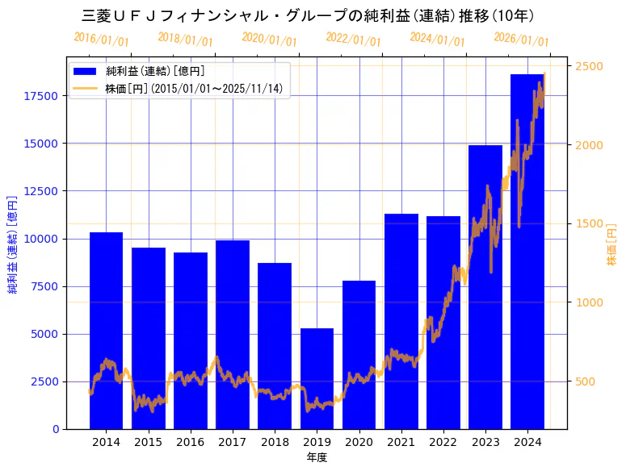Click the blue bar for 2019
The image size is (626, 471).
pyautogui.click(x=317, y=378)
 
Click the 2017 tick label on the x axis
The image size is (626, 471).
pyautogui.click(x=233, y=442)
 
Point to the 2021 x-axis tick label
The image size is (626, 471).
pyautogui.click(x=401, y=442)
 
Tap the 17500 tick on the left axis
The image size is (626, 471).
pyautogui.click(x=41, y=96)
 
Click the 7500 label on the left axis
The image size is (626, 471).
pyautogui.click(x=44, y=286)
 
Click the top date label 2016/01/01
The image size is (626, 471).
pyautogui.click(x=101, y=39)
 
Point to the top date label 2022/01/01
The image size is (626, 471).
pyautogui.click(x=353, y=39)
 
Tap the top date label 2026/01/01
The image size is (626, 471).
pyautogui.click(x=521, y=39)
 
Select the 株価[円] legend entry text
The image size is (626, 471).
pyautogui.click(x=194, y=88)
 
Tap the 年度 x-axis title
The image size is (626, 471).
pyautogui.click(x=317, y=457)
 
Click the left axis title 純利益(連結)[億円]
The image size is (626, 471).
pyautogui.click(x=13, y=243)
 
